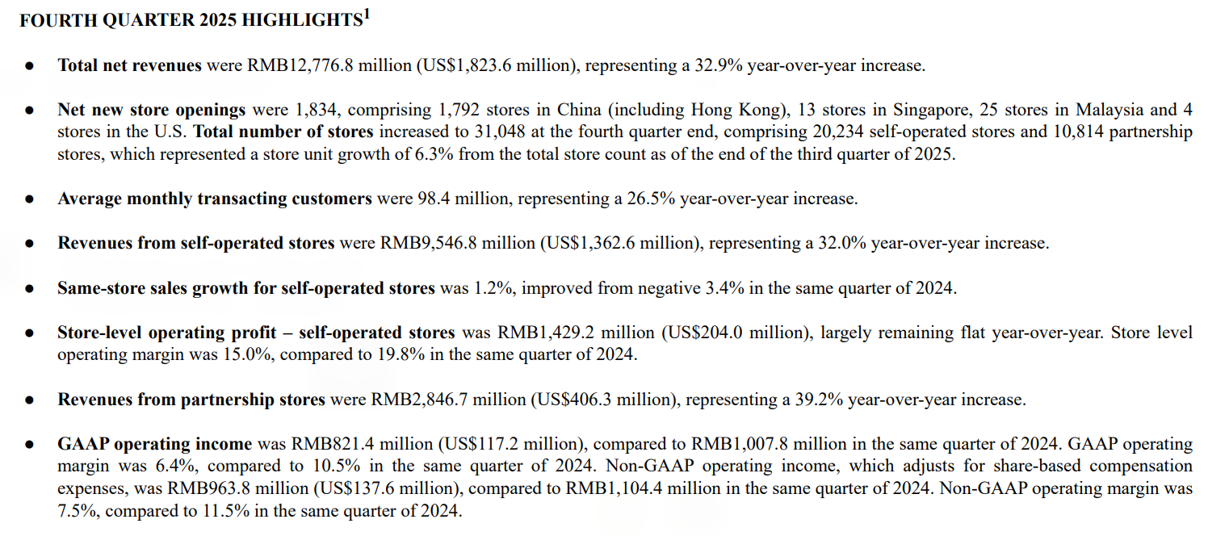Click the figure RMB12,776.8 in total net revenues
(300, 65)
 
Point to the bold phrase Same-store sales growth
(154, 287)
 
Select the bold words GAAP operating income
(155, 443)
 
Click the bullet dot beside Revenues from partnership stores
(29, 399)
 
